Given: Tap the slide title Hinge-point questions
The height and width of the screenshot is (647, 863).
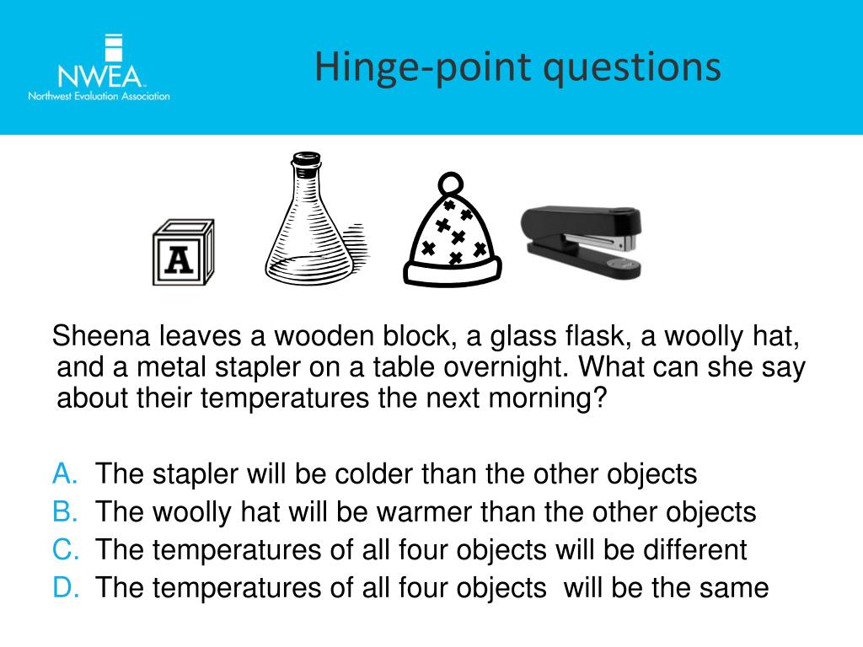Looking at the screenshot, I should [x=517, y=67].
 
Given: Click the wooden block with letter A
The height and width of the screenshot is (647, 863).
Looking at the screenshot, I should [x=182, y=253].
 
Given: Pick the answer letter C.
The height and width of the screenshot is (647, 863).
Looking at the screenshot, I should [x=65, y=550].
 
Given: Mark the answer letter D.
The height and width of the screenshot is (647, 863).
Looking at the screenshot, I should [x=65, y=587].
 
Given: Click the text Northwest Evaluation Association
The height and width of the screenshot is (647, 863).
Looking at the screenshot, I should [x=99, y=96].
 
